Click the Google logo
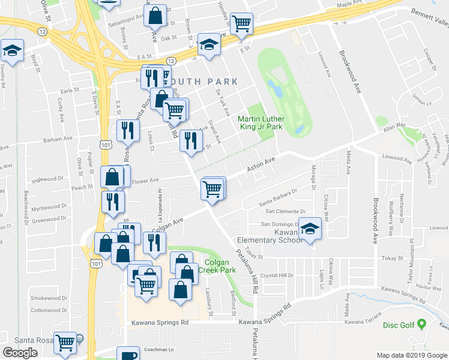coord(20,353)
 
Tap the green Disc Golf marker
coord(422,325)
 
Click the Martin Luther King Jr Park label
coord(259,123)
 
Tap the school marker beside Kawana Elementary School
coord(310,229)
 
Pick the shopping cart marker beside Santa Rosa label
coord(65,343)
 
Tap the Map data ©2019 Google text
coord(412,355)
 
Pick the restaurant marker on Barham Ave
coord(127,130)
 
